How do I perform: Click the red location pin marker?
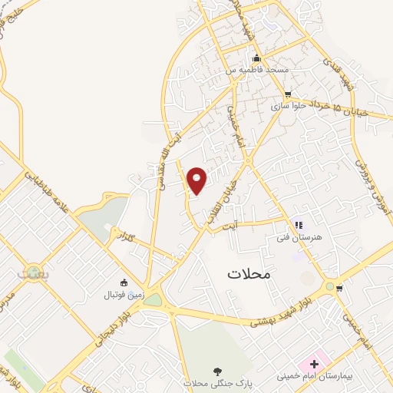[197, 180]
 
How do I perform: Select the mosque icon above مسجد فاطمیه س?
[257, 59]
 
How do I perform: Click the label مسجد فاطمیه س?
[256, 70]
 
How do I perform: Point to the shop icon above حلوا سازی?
[288, 94]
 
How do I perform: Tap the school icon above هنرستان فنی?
[299, 225]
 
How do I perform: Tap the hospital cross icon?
[314, 362]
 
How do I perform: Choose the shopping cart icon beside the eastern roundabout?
[340, 289]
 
